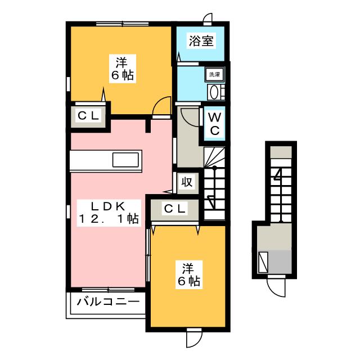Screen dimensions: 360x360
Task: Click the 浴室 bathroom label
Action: pyautogui.click(x=201, y=42)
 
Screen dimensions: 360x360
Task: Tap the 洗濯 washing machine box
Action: pyautogui.click(x=214, y=74)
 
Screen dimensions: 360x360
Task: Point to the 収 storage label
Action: pyautogui.click(x=187, y=182)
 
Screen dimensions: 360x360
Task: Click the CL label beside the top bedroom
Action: pyautogui.click(x=89, y=116)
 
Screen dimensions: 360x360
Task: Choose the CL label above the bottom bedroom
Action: pyautogui.click(x=174, y=209)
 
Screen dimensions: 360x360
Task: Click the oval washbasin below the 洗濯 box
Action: pyautogui.click(x=214, y=92)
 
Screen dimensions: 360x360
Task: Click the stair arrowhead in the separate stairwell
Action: pyautogui.click(x=277, y=176)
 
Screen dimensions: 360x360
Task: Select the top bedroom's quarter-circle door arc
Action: pyautogui.click(x=163, y=105)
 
